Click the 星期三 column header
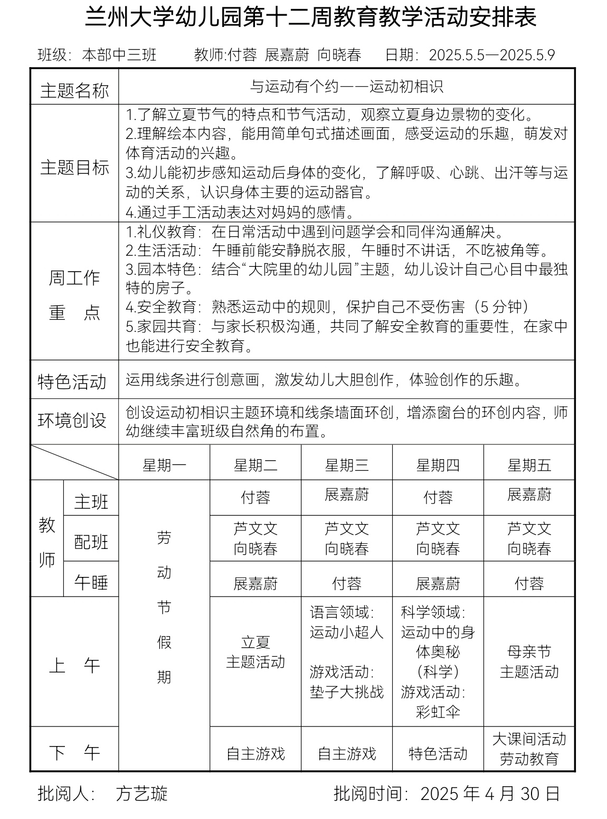[347, 466]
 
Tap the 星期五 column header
[529, 466]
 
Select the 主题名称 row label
[74, 90]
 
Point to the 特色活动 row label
[72, 381]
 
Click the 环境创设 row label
[72, 421]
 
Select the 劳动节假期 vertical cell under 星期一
[164, 608]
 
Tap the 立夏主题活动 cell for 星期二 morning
[255, 652]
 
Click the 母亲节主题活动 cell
[529, 662]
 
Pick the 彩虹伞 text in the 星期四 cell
[438, 712]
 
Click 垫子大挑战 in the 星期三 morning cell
[347, 692]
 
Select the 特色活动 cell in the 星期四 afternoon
[438, 753]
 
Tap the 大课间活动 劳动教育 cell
[529, 749]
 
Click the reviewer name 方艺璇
[141, 794]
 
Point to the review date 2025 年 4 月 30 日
[490, 794]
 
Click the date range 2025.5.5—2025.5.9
[492, 55]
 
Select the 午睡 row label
[91, 582]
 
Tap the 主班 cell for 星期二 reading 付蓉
[255, 498]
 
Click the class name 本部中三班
[119, 55]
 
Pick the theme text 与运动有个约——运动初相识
[346, 86]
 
